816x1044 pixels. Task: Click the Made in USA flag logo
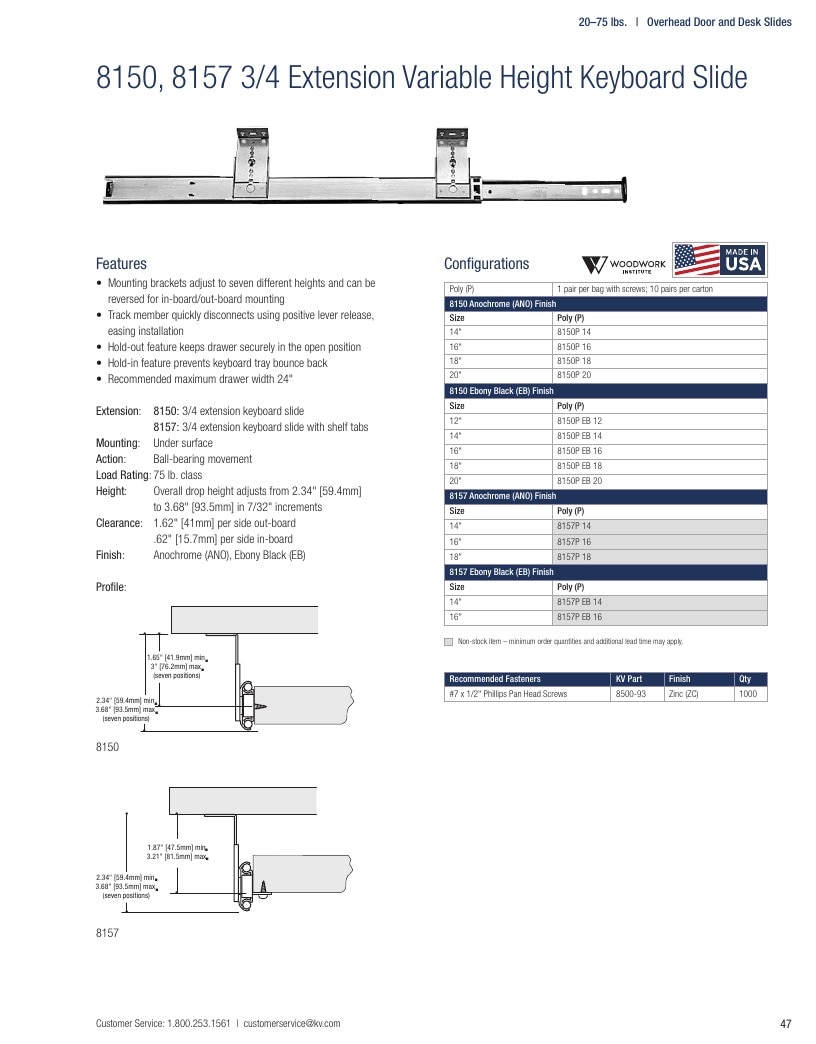click(719, 260)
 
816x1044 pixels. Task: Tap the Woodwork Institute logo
click(624, 265)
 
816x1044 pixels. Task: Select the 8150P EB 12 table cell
click(660, 421)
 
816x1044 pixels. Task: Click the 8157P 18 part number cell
click(660, 557)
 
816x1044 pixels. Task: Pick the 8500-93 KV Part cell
click(637, 694)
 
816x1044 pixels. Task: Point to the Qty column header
click(750, 679)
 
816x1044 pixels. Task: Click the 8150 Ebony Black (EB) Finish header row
click(606, 391)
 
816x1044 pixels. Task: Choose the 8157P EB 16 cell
click(660, 617)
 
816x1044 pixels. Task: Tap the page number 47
click(785, 1023)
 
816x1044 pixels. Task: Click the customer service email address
click(292, 1023)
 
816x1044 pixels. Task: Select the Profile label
click(111, 587)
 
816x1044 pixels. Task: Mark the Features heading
click(121, 264)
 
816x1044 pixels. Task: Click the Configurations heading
click(487, 264)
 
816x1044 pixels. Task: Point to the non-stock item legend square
click(449, 642)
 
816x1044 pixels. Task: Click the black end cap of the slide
click(624, 190)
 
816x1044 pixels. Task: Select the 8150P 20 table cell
click(660, 375)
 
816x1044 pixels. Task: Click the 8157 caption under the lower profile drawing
click(107, 933)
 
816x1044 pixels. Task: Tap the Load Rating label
click(123, 475)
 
